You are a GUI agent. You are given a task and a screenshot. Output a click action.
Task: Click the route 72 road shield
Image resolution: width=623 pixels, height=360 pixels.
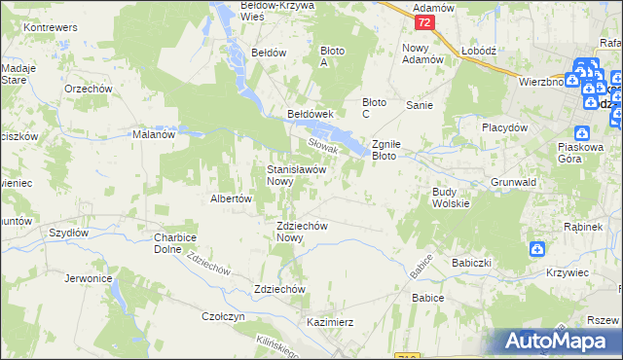click(421, 20)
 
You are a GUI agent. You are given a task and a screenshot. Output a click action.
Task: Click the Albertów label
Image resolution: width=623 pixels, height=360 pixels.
click(232, 198)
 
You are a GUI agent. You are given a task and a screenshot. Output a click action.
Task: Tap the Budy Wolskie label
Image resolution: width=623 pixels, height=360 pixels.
click(451, 198)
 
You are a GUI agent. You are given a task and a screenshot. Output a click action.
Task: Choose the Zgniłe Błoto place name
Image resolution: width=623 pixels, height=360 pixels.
click(395, 149)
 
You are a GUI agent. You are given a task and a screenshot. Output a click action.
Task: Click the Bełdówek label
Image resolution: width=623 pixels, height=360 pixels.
click(311, 113)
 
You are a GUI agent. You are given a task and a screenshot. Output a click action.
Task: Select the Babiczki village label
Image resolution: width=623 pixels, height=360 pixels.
click(471, 263)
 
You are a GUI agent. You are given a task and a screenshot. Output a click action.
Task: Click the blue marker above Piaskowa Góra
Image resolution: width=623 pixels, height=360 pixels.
click(582, 134)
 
